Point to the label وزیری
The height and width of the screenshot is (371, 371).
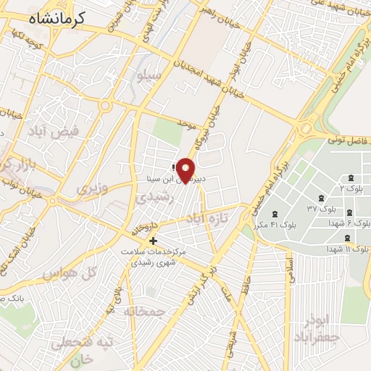91,188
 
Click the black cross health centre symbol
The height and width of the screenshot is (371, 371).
153,241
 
